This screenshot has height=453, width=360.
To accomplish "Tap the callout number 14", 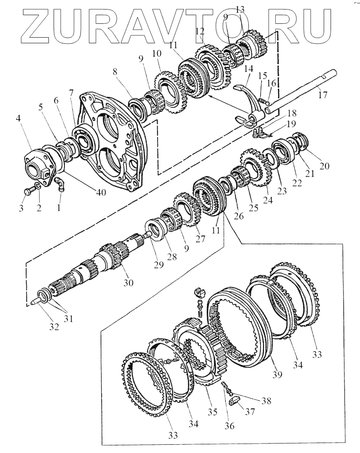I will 248,69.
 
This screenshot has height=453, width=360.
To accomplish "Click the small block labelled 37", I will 235,405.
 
